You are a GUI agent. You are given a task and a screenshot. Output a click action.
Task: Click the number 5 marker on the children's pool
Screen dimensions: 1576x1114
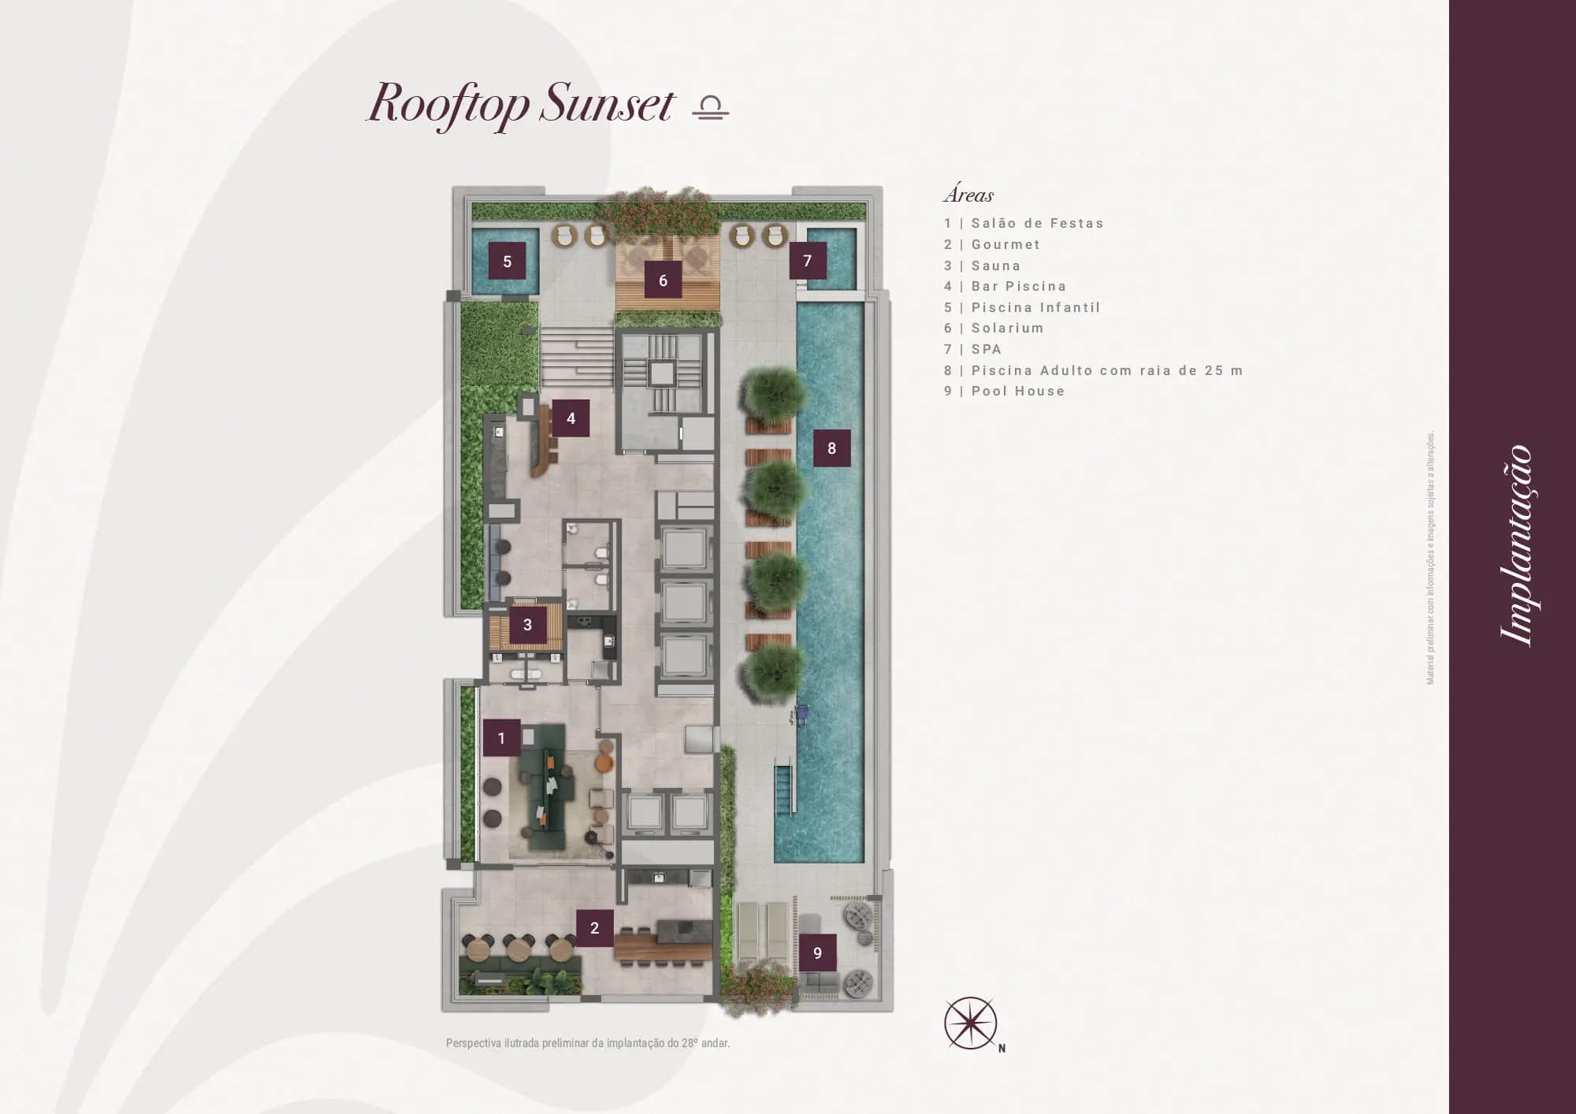pyautogui.click(x=507, y=262)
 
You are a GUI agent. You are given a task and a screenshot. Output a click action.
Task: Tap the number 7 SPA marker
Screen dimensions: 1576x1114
pyautogui.click(x=808, y=261)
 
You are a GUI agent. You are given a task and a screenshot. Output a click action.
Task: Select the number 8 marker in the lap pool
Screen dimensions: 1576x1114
pyautogui.click(x=831, y=448)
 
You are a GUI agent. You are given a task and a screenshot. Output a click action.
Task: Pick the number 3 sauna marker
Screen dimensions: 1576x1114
pyautogui.click(x=527, y=625)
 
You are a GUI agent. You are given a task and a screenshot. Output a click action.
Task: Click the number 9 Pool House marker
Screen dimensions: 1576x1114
pyautogui.click(x=817, y=953)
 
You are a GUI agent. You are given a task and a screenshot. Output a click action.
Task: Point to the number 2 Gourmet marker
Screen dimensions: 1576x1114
pyautogui.click(x=595, y=928)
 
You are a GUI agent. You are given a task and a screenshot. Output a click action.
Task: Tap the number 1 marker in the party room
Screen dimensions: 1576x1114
pyautogui.click(x=501, y=738)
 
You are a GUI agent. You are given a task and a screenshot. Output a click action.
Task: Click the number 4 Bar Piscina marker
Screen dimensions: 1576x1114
pyautogui.click(x=571, y=418)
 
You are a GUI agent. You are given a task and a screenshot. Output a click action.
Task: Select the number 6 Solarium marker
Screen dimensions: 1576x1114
pyautogui.click(x=663, y=280)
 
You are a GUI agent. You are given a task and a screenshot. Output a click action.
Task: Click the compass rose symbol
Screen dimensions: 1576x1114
pyautogui.click(x=971, y=1023)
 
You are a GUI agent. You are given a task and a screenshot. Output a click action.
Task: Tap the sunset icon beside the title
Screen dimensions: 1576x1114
pyautogui.click(x=711, y=107)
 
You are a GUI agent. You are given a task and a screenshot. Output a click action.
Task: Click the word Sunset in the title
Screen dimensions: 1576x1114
pyautogui.click(x=608, y=103)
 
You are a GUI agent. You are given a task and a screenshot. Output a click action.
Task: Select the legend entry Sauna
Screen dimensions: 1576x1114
pyautogui.click(x=995, y=266)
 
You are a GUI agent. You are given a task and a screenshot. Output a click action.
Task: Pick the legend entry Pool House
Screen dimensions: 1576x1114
pyautogui.click(x=1018, y=392)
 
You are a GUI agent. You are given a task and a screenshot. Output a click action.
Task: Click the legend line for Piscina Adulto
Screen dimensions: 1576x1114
pyautogui.click(x=1094, y=370)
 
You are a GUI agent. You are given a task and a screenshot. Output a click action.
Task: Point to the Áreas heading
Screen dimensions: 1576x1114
pyautogui.click(x=968, y=194)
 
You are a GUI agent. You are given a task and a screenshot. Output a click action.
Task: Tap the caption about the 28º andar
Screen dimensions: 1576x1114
pyautogui.click(x=588, y=1043)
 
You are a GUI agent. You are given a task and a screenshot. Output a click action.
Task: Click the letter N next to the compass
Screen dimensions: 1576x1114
pyautogui.click(x=1002, y=1048)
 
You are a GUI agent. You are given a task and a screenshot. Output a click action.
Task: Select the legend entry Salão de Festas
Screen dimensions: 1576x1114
pyautogui.click(x=1037, y=224)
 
